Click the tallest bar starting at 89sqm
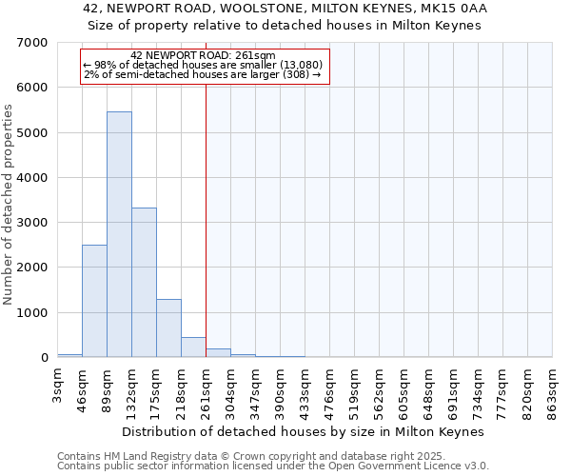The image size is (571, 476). tap(119, 234)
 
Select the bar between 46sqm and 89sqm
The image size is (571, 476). tap(94, 301)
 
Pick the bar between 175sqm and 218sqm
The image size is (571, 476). tap(168, 328)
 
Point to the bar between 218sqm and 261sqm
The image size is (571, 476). tap(193, 347)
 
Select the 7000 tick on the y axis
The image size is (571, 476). tap(33, 43)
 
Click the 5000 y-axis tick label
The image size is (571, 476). tap(33, 133)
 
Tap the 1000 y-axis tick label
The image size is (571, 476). tap(33, 313)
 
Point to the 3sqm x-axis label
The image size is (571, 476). tap(58, 386)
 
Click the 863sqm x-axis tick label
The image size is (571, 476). tap(553, 390)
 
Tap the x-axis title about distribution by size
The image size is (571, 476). tap(304, 431)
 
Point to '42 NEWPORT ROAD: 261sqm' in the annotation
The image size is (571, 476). tap(203, 55)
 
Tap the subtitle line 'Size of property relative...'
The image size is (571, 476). tap(285, 26)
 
